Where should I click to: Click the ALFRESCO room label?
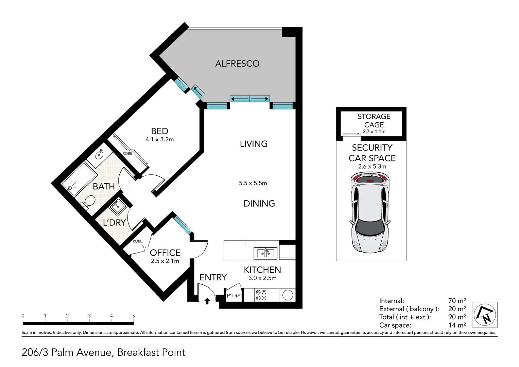pyautogui.click(x=237, y=64)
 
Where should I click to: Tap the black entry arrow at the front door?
pyautogui.click(x=207, y=301)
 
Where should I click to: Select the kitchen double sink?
pyautogui.click(x=265, y=253)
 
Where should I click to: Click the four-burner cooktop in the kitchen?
pyautogui.click(x=261, y=295)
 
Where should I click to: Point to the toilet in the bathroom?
pyautogui.click(x=88, y=202)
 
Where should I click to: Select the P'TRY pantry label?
pyautogui.click(x=233, y=296)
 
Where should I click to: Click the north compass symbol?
pyautogui.click(x=485, y=315)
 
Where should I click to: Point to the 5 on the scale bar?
pyautogui.click(x=134, y=316)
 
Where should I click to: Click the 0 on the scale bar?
pyautogui.click(x=23, y=316)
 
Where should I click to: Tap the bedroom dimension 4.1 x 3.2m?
pyautogui.click(x=160, y=139)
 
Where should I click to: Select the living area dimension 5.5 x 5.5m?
pyautogui.click(x=253, y=183)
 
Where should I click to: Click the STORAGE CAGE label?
pyautogui.click(x=374, y=121)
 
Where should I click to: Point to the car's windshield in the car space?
pyautogui.click(x=370, y=227)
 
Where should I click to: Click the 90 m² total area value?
pyautogui.click(x=457, y=317)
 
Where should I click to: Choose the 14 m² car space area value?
pyautogui.click(x=457, y=325)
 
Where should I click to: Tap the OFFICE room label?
pyautogui.click(x=165, y=253)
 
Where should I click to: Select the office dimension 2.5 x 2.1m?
pyautogui.click(x=165, y=261)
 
